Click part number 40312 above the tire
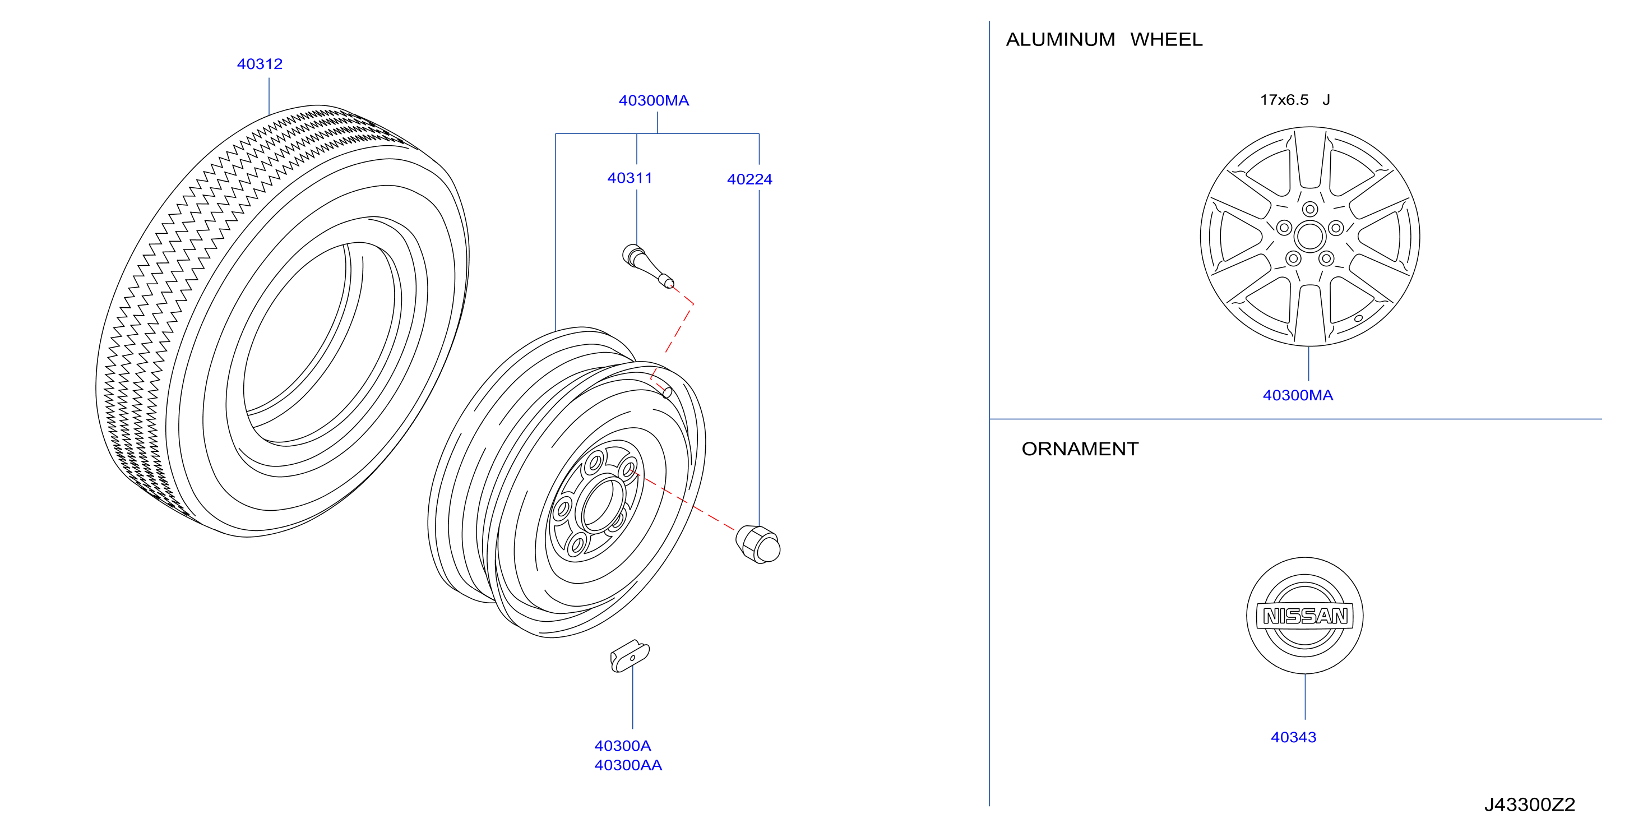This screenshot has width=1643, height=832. pos(260,64)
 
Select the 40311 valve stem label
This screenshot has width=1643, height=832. pos(630,178)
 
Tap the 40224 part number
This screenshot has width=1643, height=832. pos(749,179)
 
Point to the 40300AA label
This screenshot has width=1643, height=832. pos(628,765)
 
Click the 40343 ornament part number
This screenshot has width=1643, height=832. pos(1293,737)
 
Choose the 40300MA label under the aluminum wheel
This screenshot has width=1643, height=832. pos(1298,395)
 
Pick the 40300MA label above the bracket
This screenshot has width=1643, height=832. pos(654,100)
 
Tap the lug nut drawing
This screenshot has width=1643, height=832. pos(758,545)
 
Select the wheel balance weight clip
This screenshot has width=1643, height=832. pos(630,656)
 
